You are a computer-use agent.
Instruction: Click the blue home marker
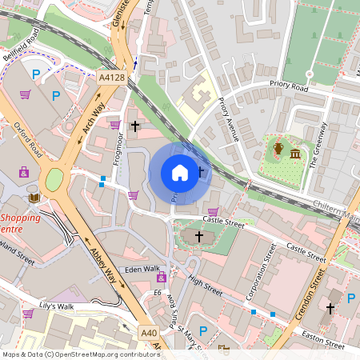180,173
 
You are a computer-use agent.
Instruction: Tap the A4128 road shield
112,78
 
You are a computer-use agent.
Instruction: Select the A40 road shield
148,332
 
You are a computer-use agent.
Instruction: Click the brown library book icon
33,198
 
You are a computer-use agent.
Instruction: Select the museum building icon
295,153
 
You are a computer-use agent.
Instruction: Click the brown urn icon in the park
278,148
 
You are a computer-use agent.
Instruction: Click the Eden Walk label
142,269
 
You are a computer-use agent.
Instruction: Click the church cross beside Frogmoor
135,126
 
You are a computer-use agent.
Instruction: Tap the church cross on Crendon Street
330,307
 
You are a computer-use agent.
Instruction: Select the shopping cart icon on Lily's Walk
28,314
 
